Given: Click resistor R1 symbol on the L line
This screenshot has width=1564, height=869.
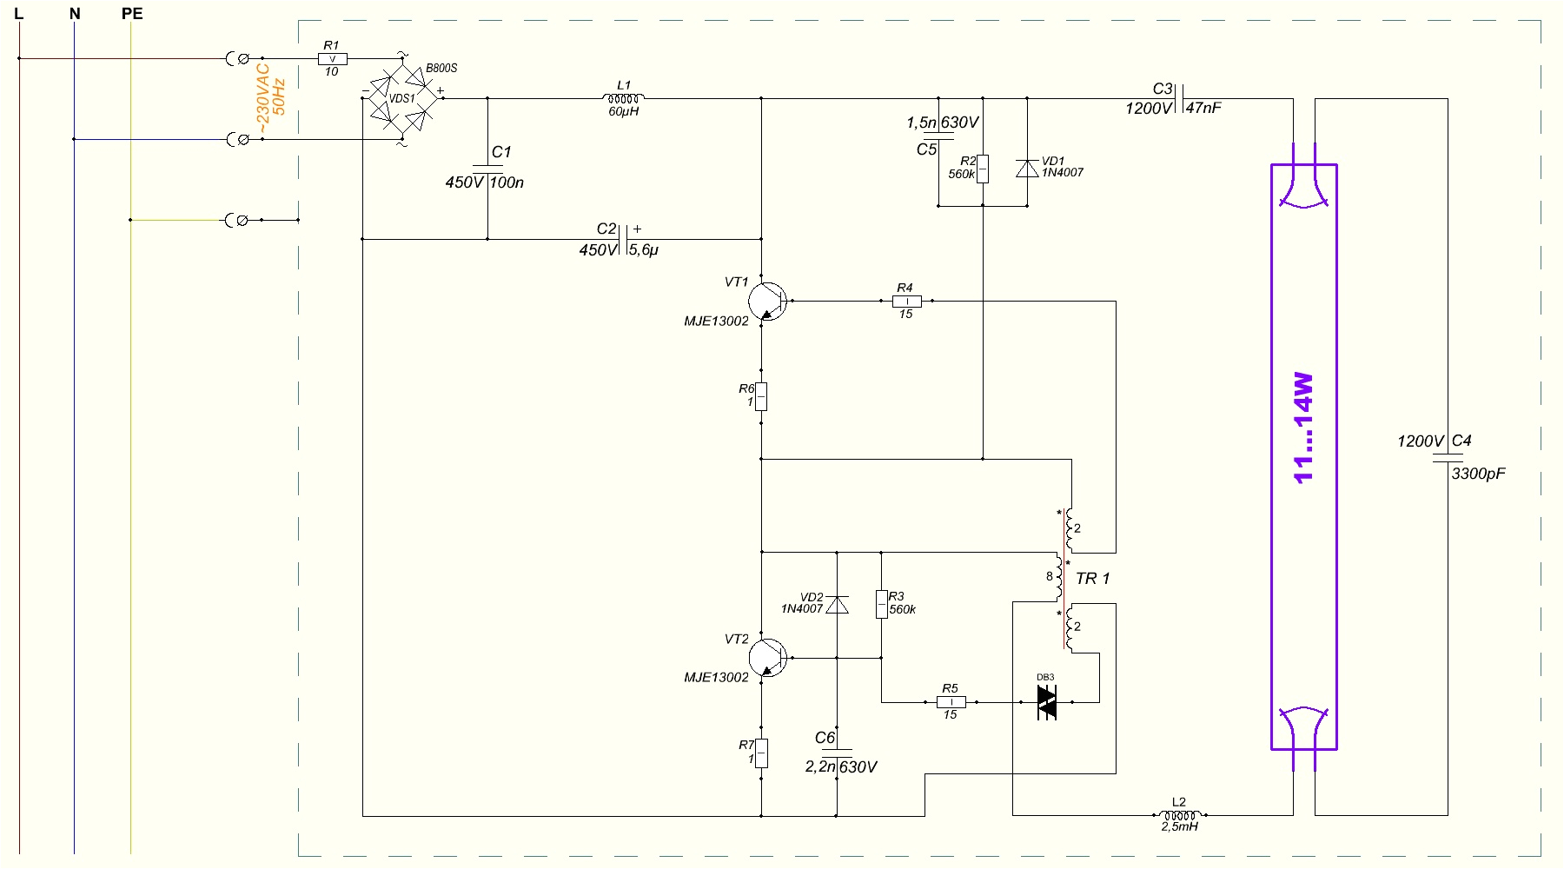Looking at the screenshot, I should [x=332, y=59].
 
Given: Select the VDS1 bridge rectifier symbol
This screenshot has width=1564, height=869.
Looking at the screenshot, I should [x=402, y=98].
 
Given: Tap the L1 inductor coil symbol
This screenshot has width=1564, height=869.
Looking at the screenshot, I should [x=624, y=98].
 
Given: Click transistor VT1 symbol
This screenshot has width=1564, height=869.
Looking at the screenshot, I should [x=767, y=302].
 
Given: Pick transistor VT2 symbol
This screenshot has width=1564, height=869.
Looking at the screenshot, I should [x=767, y=658].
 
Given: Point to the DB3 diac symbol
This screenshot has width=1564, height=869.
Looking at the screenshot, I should [x=1047, y=702].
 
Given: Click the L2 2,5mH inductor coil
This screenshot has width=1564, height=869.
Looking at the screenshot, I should [x=1179, y=815].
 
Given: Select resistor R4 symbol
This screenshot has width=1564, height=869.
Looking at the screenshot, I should [x=906, y=302].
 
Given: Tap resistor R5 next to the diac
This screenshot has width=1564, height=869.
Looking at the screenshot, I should [x=951, y=702].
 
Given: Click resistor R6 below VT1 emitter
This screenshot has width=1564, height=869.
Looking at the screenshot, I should [x=761, y=396].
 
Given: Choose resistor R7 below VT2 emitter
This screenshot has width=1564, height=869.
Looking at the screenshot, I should [x=761, y=753].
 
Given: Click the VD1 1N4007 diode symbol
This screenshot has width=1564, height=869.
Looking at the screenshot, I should [x=1027, y=169].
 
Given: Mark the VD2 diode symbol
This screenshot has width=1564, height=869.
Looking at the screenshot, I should [x=837, y=604].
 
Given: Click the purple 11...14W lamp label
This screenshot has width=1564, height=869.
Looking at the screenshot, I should [x=1303, y=428].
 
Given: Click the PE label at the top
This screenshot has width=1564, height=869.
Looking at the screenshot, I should [x=132, y=14].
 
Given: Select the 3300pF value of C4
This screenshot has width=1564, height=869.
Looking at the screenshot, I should [x=1478, y=474].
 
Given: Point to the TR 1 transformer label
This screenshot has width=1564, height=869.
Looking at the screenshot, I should [x=1092, y=579].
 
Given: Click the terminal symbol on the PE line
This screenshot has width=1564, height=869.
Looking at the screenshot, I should [x=237, y=221].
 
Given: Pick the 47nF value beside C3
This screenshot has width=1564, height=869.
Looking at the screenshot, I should [x=1203, y=108].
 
